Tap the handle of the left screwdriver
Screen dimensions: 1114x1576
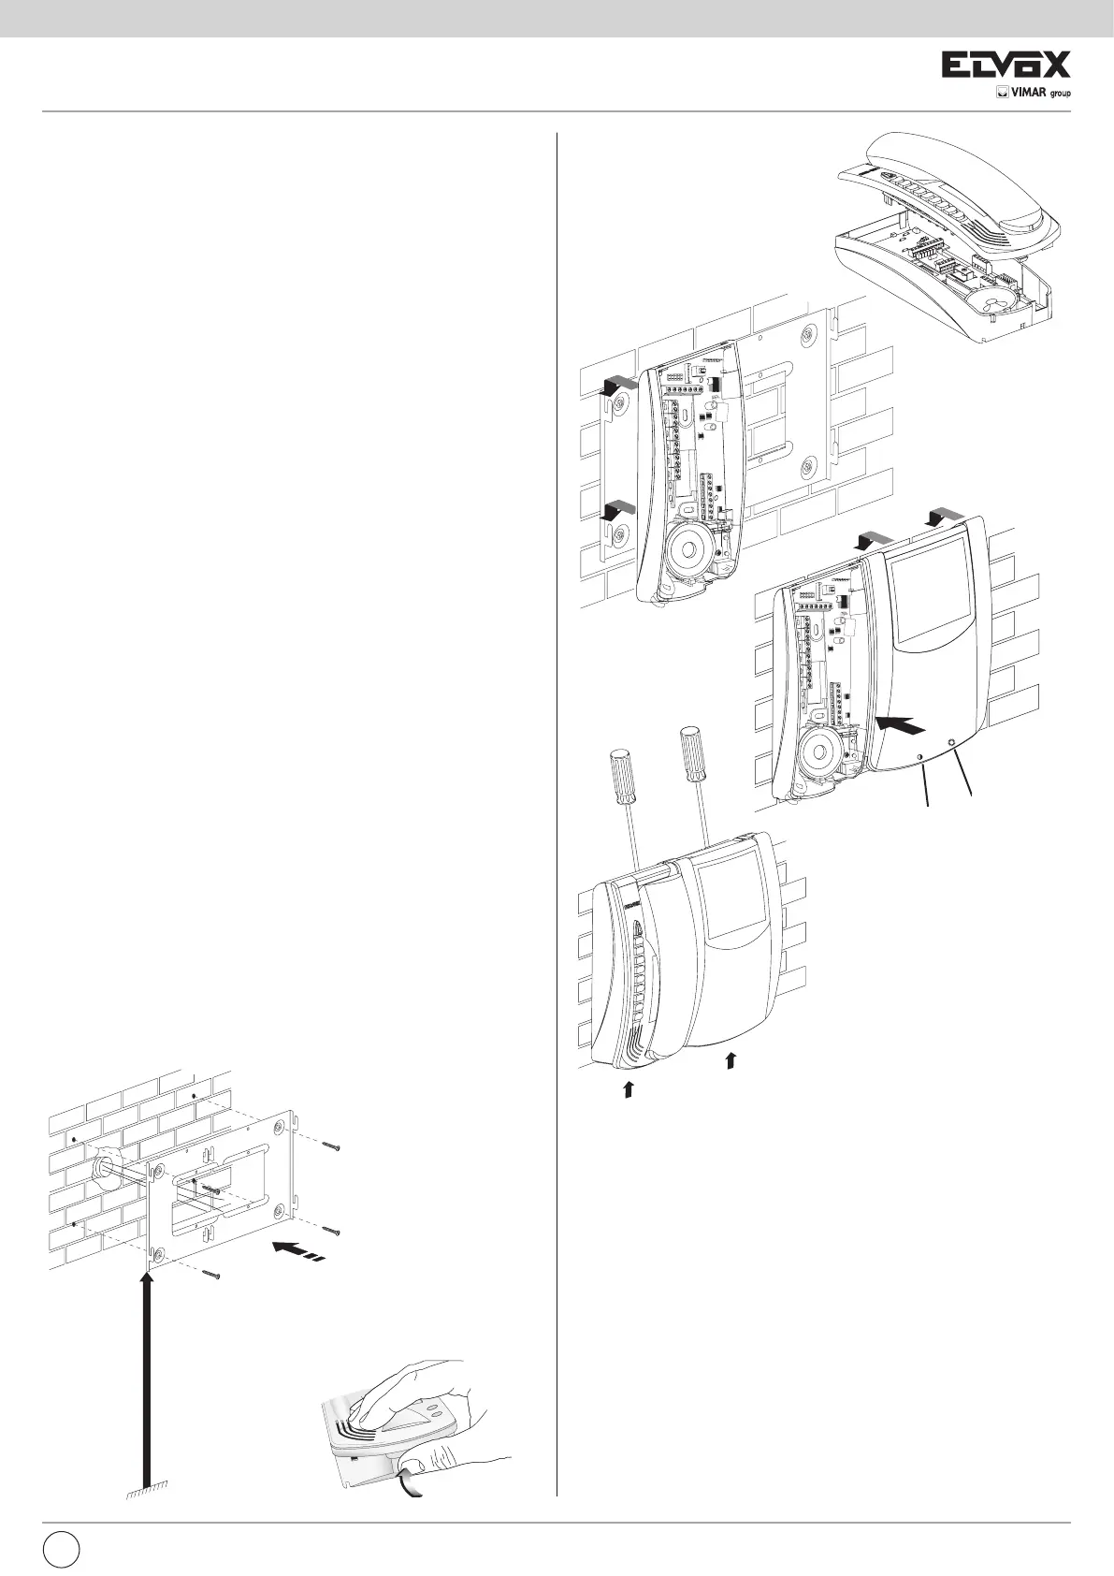[619, 772]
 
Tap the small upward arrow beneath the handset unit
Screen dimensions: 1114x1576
[629, 1087]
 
